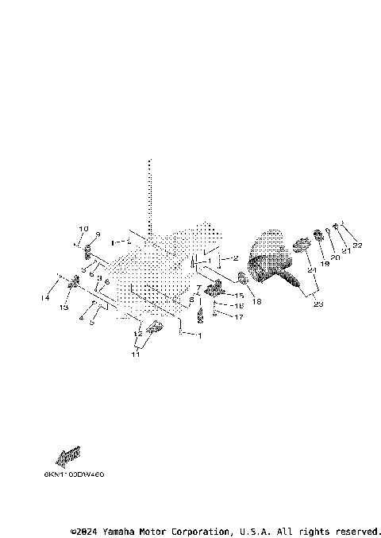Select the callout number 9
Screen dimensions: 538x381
pyautogui.click(x=98, y=234)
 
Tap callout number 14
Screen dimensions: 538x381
pyautogui.click(x=45, y=298)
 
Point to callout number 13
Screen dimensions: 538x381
pyautogui.click(x=65, y=307)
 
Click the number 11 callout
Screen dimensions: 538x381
pyautogui.click(x=136, y=354)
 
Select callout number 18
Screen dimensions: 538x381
pyautogui.click(x=256, y=302)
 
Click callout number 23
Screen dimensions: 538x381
pyautogui.click(x=318, y=304)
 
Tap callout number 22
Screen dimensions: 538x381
pyautogui.click(x=357, y=246)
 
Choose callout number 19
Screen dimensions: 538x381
pyautogui.click(x=324, y=262)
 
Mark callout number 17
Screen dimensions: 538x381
pyautogui.click(x=239, y=316)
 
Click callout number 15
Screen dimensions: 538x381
pyautogui.click(x=239, y=295)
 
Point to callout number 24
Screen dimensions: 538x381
pyautogui.click(x=312, y=271)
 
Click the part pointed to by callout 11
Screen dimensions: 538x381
pyautogui.click(x=154, y=328)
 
